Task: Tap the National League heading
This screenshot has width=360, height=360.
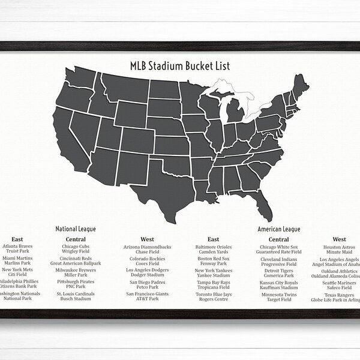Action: click(x=76, y=229)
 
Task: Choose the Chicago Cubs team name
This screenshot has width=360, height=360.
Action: click(x=76, y=247)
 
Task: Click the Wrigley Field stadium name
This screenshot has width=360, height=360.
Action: click(x=76, y=252)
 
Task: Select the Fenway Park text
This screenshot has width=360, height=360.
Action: click(x=213, y=263)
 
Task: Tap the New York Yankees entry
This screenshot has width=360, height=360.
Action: click(x=213, y=271)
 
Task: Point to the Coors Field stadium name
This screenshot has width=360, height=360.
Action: click(x=148, y=263)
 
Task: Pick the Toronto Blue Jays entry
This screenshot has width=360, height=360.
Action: click(x=213, y=294)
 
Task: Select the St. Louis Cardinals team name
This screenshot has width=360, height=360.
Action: click(x=76, y=294)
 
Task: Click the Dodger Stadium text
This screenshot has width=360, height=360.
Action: click(x=148, y=275)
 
